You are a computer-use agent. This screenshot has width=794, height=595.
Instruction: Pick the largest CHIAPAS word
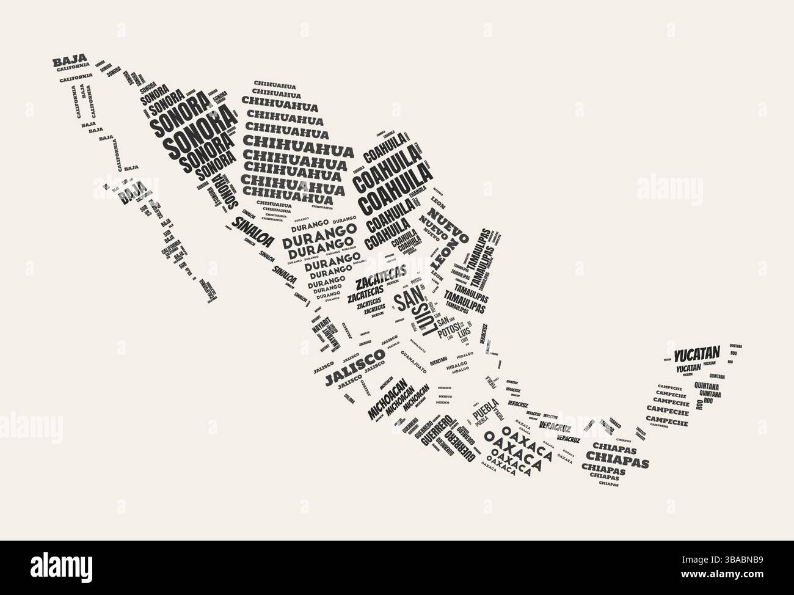pos(617,458)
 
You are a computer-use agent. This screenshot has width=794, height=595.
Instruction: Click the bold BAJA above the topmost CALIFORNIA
pos(70,62)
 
